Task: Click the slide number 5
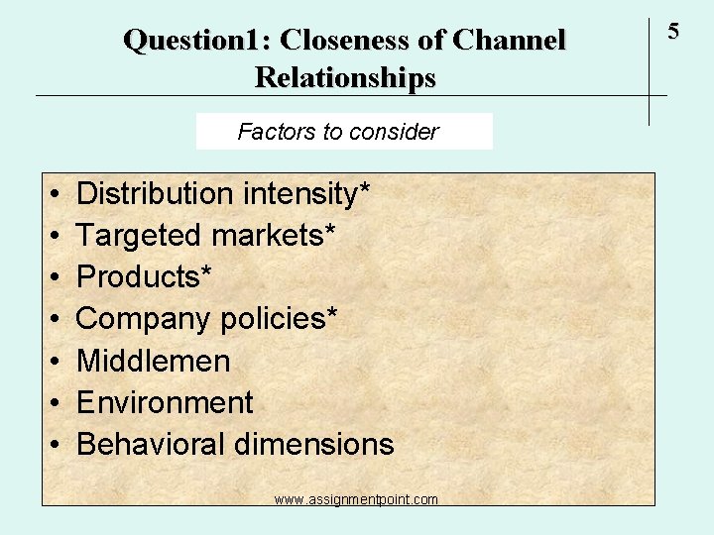[673, 32]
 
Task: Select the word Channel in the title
[508, 41]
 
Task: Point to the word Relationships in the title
[344, 76]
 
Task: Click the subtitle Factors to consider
[338, 132]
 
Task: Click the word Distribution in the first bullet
[155, 193]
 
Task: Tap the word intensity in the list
[300, 193]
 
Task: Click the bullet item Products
[139, 276]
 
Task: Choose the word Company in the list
[144, 319]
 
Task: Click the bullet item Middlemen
[153, 361]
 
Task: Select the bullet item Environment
[165, 402]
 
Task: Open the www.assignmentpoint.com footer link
[356, 499]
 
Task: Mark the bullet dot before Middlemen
[52, 362]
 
